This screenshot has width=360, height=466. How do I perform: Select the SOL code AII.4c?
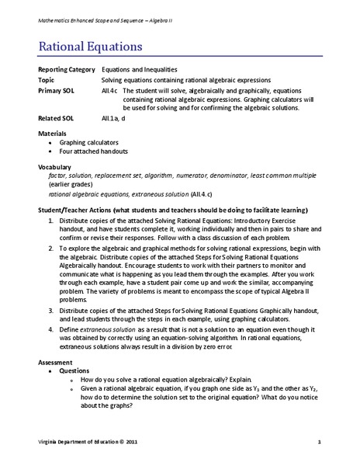(110, 89)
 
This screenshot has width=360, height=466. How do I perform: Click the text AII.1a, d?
(113, 119)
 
